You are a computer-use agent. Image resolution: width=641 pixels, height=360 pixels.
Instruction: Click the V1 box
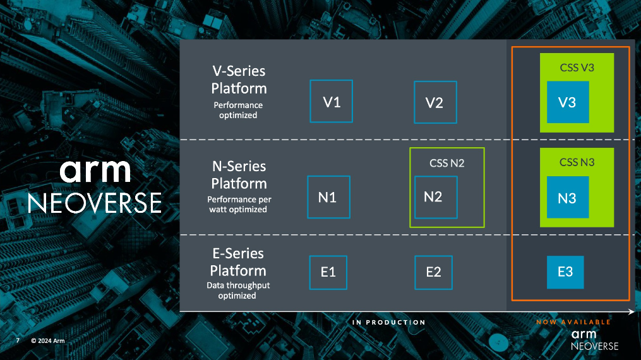coord(331,101)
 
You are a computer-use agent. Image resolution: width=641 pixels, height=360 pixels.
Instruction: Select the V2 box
coord(434,102)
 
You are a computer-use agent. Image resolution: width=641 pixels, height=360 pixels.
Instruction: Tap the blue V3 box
coord(567,102)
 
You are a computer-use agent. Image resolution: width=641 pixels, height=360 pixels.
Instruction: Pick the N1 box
coord(328,197)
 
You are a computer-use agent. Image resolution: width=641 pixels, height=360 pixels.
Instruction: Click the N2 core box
coord(435,196)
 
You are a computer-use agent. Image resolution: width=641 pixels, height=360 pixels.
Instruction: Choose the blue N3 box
coord(567,198)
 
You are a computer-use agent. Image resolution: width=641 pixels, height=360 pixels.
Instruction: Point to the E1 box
coord(328,272)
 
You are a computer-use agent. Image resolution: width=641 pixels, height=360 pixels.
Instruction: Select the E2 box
coord(433,272)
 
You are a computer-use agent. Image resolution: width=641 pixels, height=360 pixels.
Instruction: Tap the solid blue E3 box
coord(565,272)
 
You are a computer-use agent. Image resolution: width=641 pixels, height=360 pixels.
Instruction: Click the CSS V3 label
coord(577,68)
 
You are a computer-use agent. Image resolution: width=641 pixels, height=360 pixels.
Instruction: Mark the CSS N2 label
coord(447,163)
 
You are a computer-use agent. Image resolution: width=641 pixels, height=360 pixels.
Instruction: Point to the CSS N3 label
coord(577,162)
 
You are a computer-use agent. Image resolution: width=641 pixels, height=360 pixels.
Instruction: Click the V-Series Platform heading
coord(239,80)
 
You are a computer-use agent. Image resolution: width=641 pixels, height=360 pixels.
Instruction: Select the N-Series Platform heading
coord(239,175)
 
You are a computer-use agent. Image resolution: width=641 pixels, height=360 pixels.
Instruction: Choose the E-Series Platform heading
coord(239,262)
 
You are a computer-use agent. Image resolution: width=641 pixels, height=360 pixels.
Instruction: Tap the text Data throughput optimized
coord(239,291)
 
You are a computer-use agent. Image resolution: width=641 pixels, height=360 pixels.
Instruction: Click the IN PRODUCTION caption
coord(388,322)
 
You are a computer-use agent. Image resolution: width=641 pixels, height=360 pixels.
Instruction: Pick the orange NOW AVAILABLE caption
coord(573,322)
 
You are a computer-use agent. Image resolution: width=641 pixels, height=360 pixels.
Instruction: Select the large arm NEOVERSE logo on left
coord(95,186)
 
